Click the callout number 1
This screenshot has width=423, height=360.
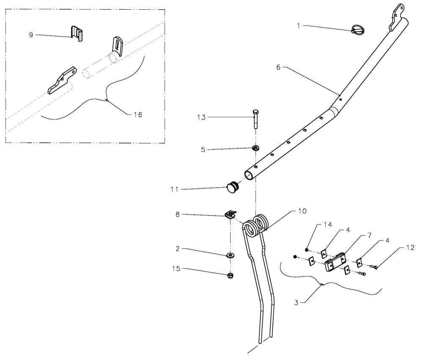click(x=299, y=26)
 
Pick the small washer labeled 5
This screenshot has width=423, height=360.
click(x=255, y=148)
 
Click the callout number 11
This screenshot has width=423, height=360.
click(x=175, y=189)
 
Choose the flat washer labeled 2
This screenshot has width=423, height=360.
click(x=231, y=255)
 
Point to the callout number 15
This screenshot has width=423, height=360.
click(x=175, y=269)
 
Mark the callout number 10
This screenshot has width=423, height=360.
click(x=302, y=211)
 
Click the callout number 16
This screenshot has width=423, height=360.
click(x=138, y=114)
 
